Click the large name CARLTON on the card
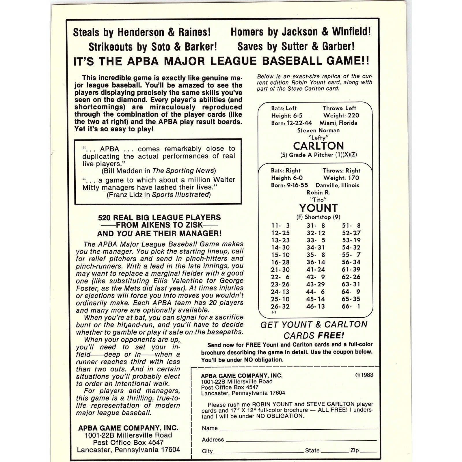point(318,146)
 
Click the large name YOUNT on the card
point(318,208)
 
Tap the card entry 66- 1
point(351,306)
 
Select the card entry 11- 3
point(280,226)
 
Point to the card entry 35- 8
point(316,255)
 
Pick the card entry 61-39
point(351,269)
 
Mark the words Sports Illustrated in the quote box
point(181,195)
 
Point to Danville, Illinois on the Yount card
point(337,185)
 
